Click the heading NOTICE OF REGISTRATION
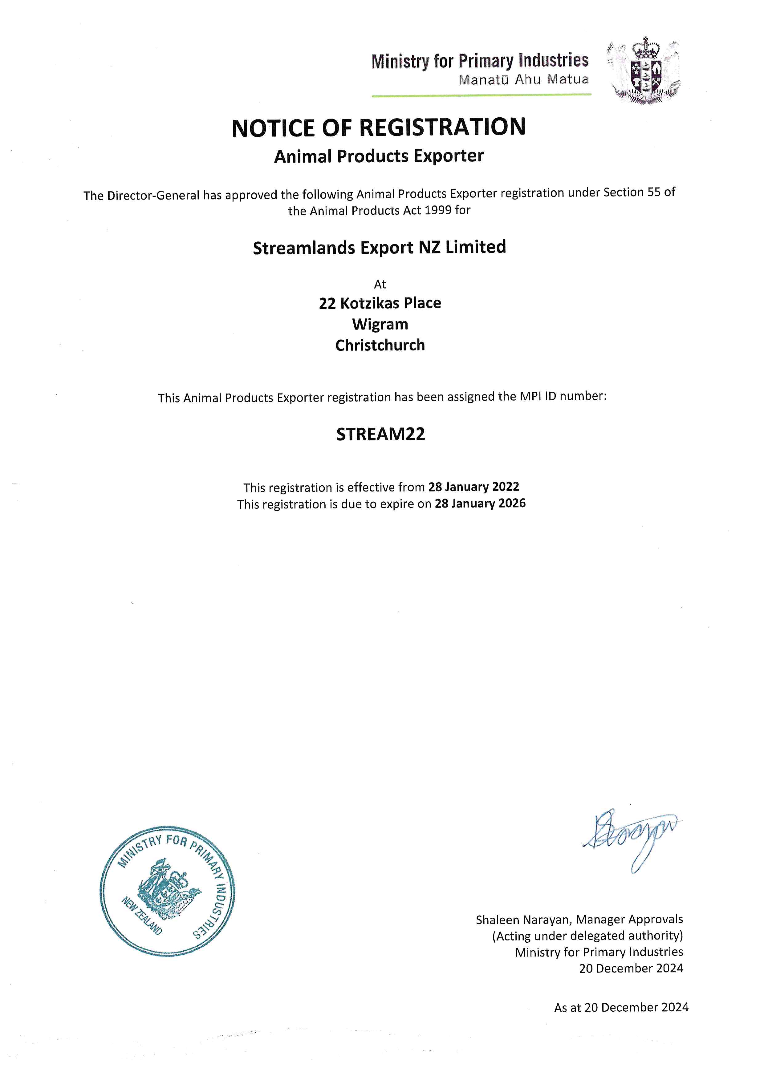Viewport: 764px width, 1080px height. (x=379, y=128)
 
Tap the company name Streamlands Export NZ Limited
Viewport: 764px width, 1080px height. (x=379, y=247)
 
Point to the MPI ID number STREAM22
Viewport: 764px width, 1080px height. (x=380, y=434)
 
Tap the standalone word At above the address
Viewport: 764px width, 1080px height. (x=380, y=284)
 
